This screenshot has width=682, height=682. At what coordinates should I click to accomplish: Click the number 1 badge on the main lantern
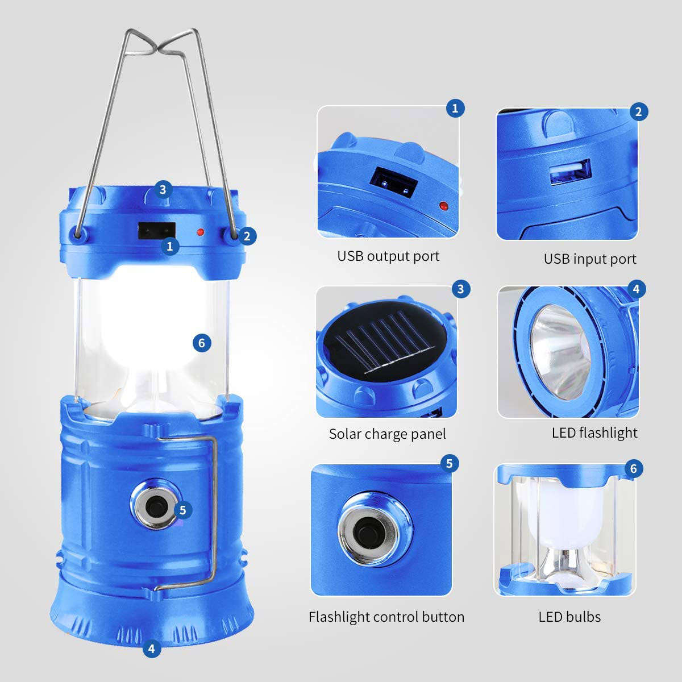169,246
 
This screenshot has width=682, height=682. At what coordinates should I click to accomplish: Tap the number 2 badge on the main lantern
246,235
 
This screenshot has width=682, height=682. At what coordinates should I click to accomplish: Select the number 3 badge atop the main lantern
163,189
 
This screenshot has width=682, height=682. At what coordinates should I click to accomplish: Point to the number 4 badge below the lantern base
151,648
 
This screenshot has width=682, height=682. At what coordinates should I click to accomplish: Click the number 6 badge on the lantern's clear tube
202,343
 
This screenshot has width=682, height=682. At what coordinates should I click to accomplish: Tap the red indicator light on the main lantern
200,232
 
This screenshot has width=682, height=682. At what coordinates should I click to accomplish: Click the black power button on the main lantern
154,505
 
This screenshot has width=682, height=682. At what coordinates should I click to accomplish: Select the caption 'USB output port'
388,256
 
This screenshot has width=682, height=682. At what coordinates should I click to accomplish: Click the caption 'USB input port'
590,259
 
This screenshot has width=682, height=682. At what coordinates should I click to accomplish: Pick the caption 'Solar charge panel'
387,434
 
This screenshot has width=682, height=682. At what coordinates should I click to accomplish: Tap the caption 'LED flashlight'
594,433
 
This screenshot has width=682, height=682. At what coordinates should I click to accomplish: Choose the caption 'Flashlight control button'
386,617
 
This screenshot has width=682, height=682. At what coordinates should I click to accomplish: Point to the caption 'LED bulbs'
569,617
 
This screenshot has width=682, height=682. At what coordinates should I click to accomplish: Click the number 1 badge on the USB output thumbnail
455,108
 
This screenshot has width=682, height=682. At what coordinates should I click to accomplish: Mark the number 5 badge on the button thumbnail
449,463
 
